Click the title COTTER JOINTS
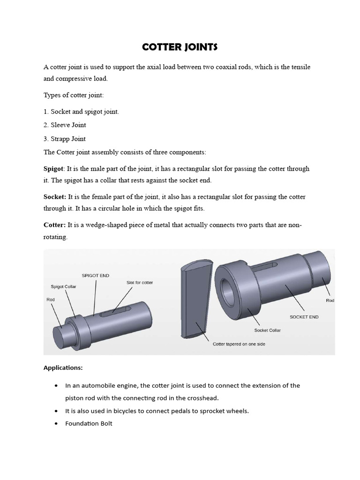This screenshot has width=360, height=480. (180, 47)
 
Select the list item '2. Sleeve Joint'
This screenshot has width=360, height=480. (65, 125)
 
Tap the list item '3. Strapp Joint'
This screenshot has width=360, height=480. (65, 139)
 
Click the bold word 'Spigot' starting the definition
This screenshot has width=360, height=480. (53, 168)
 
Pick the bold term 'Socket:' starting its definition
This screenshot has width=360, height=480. (55, 197)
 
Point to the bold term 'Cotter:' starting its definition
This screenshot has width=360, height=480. (54, 225)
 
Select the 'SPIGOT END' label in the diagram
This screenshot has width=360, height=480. (95, 276)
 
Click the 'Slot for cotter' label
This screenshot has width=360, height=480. (140, 283)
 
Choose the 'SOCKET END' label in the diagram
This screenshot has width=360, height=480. (304, 317)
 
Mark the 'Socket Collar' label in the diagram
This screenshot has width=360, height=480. (268, 330)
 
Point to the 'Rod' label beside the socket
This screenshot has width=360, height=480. (330, 300)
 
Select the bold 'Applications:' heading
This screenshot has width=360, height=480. (63, 368)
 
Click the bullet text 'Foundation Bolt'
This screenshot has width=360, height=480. (89, 424)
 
